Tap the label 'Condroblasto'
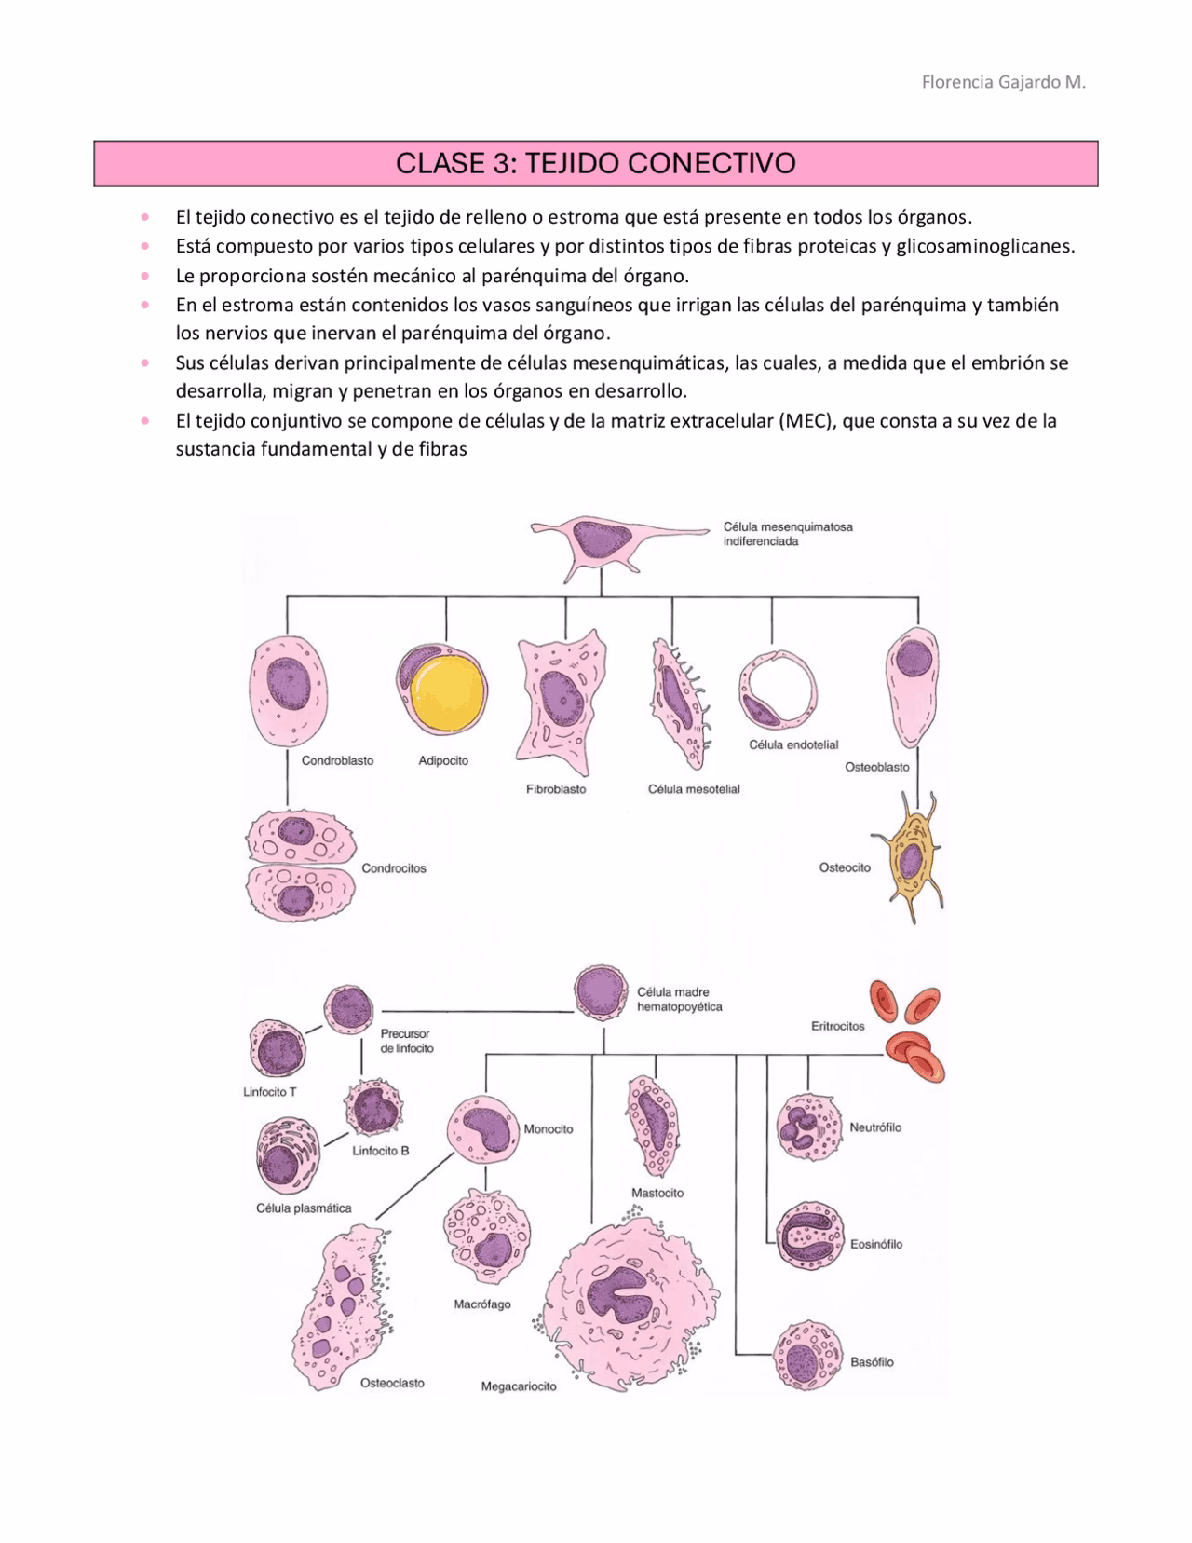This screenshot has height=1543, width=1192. click(x=337, y=760)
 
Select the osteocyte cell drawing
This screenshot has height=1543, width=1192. click(x=910, y=859)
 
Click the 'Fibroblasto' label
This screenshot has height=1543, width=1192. click(x=556, y=789)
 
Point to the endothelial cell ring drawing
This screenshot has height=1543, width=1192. click(x=778, y=691)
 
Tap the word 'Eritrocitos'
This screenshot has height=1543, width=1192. click(x=837, y=1026)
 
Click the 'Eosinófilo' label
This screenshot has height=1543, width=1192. click(x=875, y=1244)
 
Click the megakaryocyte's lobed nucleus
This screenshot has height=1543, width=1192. click(x=619, y=1291)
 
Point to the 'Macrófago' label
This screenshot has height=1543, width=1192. click(x=481, y=1304)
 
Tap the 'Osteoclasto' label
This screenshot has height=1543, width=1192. click(x=392, y=1383)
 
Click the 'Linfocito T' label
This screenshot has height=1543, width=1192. click(x=270, y=1092)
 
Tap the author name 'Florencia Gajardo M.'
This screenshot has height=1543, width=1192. click(x=1003, y=82)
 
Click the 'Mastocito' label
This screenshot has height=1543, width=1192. click(x=657, y=1193)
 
